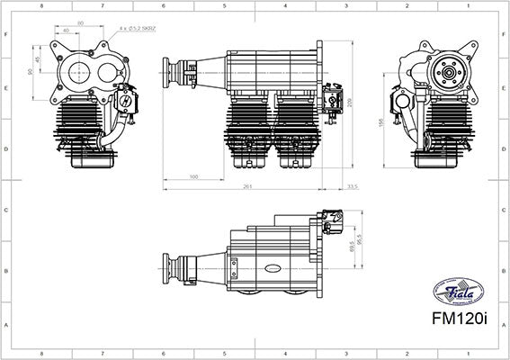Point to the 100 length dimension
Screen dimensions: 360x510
(194, 177)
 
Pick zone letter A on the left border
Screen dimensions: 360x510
(5, 328)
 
